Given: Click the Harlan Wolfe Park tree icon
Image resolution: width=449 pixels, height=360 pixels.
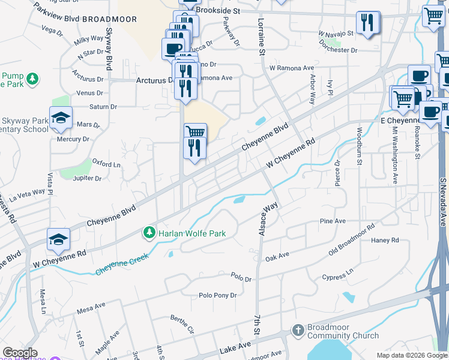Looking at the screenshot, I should point(149,232).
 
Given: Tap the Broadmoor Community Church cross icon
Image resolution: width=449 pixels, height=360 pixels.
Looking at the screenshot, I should point(298,330).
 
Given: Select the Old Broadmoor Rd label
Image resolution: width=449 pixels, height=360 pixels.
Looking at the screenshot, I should point(352,239).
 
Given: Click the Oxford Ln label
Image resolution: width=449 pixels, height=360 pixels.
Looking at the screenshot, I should point(106,164).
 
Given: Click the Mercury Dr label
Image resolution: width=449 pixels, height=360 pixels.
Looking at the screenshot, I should point(73,139).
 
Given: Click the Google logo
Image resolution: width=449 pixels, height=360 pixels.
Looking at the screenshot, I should point(19,353).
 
